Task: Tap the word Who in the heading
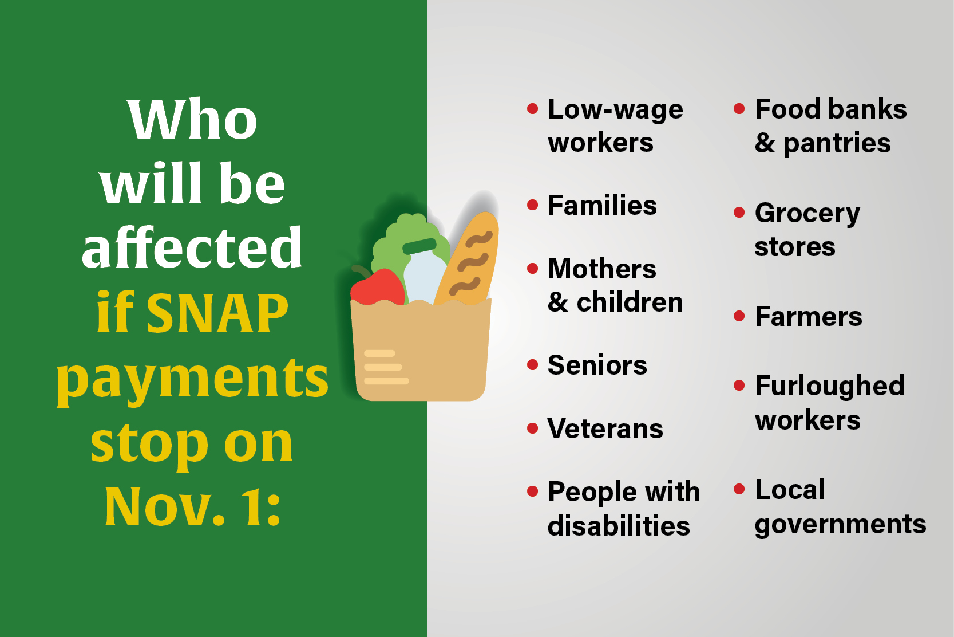click(x=193, y=120)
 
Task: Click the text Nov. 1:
click(x=193, y=507)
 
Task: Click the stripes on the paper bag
click(x=386, y=367)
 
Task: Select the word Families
click(x=602, y=206)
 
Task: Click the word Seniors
click(x=597, y=365)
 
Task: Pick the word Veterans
click(x=605, y=429)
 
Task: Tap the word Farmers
click(x=808, y=317)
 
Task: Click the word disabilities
click(x=618, y=526)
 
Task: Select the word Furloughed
click(x=829, y=386)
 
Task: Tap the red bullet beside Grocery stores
click(x=739, y=213)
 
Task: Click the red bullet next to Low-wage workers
click(x=532, y=108)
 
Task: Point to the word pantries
click(x=837, y=144)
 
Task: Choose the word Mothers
click(x=601, y=269)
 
